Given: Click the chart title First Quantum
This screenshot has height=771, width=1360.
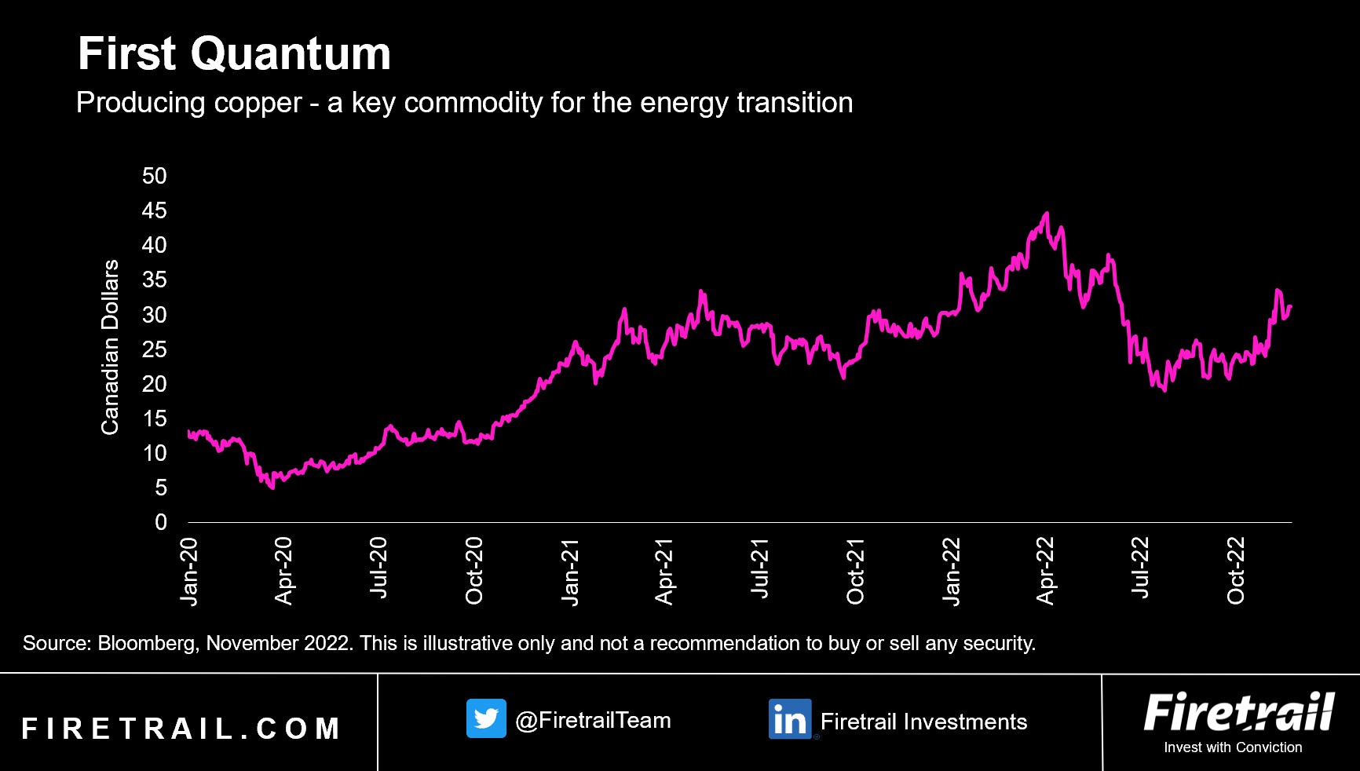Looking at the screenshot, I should [234, 53].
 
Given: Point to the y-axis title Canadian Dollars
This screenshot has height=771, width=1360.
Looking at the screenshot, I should [110, 346].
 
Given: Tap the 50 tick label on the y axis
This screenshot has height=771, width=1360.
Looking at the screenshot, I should [155, 176].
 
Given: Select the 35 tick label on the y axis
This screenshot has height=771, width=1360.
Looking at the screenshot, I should [155, 280].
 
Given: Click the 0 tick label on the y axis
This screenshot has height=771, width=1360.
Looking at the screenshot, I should [161, 522].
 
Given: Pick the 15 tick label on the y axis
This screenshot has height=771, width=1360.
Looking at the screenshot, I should [155, 418].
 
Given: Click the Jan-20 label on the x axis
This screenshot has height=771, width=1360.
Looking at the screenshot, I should [189, 572].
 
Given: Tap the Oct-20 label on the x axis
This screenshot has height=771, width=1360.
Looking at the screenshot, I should [474, 571].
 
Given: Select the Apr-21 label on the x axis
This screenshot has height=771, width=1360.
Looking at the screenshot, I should [664, 572].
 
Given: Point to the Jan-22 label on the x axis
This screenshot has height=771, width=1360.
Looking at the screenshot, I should [951, 572].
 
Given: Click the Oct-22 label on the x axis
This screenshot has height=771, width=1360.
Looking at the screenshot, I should [1236, 571].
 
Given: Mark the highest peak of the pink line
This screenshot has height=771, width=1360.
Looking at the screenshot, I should [1046, 213].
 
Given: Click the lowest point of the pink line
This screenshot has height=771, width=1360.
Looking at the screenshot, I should [272, 488].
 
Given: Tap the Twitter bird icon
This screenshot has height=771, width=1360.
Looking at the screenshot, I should [486, 718].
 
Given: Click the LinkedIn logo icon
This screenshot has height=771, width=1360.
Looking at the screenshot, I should [789, 719].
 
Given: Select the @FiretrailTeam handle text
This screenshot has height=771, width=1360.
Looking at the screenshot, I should [593, 721].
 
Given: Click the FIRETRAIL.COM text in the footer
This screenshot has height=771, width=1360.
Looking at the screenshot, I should [181, 729].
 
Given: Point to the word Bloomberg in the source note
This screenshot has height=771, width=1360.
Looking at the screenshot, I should [147, 644].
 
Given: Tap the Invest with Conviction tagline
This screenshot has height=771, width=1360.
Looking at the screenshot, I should [1233, 747].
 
